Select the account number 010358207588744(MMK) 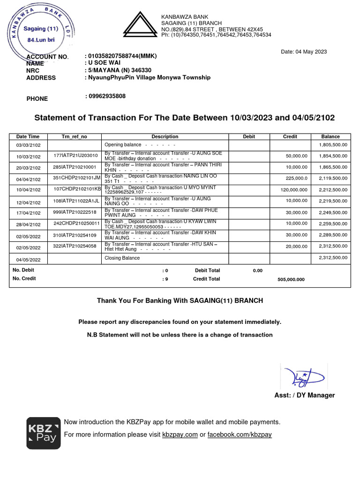pos(120,56)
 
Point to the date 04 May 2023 pos(304,52)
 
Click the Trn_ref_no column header pos(74,136)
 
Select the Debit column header pos(249,136)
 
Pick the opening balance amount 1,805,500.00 pos(333,145)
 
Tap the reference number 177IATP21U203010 pos(75,156)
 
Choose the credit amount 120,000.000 pos(294,190)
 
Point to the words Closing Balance pos(122,258)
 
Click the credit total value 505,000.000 pos(291,279)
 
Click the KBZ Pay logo pos(43,433)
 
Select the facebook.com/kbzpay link pos(240,435)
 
